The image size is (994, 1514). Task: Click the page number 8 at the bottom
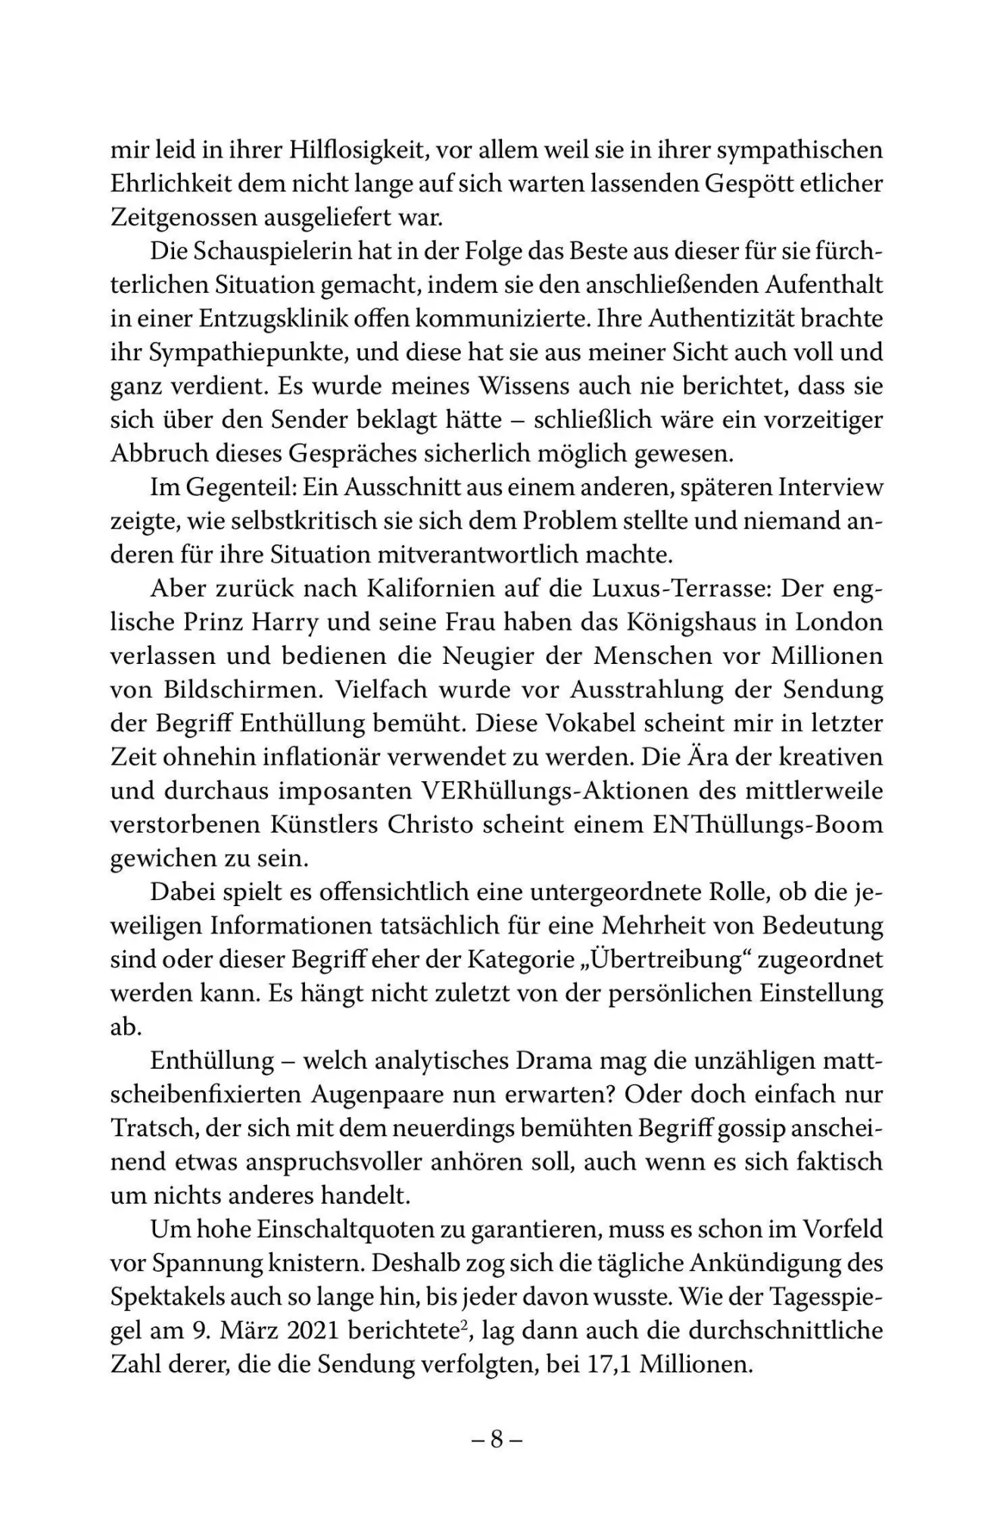click(x=497, y=1439)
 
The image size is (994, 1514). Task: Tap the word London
click(x=843, y=622)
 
